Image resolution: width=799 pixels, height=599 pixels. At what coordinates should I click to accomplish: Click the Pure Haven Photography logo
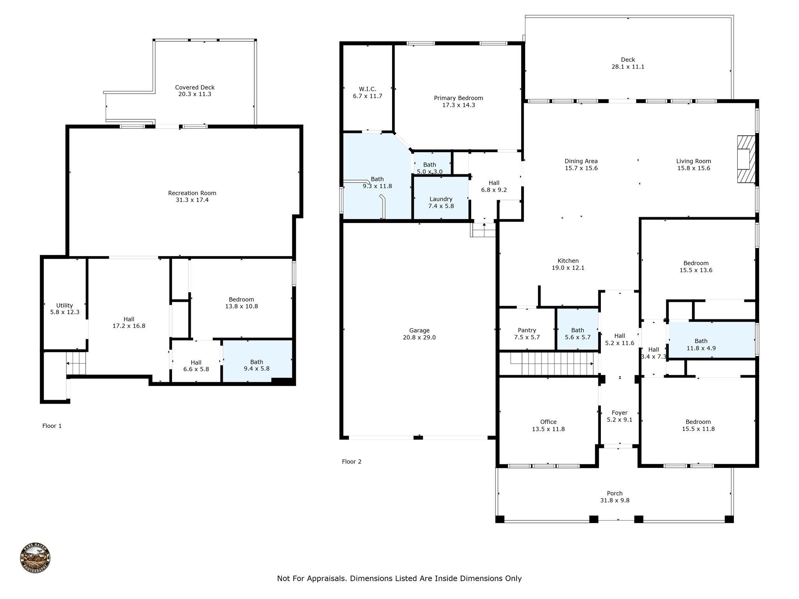pos(35,558)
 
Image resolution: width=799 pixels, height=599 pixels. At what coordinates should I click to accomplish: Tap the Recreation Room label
pos(192,193)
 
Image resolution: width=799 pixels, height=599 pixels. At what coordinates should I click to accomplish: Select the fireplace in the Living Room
pos(746,159)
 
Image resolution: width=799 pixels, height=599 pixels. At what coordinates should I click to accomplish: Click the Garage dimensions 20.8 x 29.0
pos(419,337)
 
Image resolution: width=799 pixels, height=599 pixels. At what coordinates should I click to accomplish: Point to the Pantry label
pos(527,330)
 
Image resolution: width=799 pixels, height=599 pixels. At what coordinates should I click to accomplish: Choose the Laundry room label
pos(441,199)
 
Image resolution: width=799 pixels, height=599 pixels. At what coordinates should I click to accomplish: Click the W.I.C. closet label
pos(368,89)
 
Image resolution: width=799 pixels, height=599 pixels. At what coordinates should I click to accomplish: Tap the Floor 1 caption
pos(52,426)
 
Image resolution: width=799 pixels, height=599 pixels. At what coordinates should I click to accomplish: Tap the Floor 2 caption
pos(352,462)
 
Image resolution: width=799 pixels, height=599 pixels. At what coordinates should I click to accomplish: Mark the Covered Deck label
pos(195,87)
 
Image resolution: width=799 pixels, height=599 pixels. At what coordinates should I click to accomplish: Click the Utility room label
pos(64,305)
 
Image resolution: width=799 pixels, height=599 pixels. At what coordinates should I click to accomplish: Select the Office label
pos(548,422)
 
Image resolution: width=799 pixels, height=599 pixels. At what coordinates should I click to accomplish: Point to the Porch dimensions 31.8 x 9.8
pos(614,500)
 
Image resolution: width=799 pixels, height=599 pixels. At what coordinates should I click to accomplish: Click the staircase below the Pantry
pos(554,363)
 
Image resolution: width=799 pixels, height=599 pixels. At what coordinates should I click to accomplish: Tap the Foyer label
pos(620,413)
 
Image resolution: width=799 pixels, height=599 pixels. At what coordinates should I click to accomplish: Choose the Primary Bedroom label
pos(458,98)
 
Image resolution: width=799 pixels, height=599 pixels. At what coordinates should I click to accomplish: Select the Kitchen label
pos(568,261)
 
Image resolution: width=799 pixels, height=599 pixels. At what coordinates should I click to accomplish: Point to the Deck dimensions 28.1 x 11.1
pos(628,67)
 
